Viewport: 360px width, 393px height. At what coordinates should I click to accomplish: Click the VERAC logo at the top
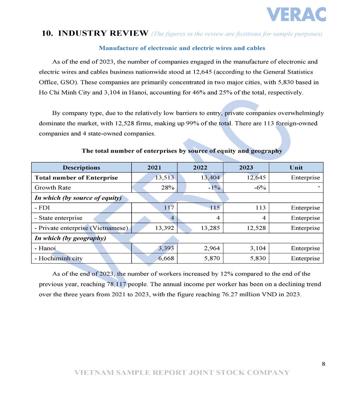[296, 14]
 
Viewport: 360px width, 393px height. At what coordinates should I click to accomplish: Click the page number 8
[323, 363]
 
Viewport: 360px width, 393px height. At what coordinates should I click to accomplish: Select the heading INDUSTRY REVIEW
[103, 33]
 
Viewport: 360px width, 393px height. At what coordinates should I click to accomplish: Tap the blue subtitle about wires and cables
[182, 48]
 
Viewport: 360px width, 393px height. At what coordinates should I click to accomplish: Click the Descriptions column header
[81, 168]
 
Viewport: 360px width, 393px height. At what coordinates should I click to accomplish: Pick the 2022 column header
[200, 168]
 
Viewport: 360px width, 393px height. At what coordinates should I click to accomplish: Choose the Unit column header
[296, 168]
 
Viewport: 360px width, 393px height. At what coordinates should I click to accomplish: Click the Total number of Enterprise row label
[76, 178]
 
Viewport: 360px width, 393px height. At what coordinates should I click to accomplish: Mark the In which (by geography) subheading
[70, 238]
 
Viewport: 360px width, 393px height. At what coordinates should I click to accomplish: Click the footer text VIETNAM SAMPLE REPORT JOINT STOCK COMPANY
[182, 373]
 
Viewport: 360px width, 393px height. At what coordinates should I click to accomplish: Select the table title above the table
[182, 151]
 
